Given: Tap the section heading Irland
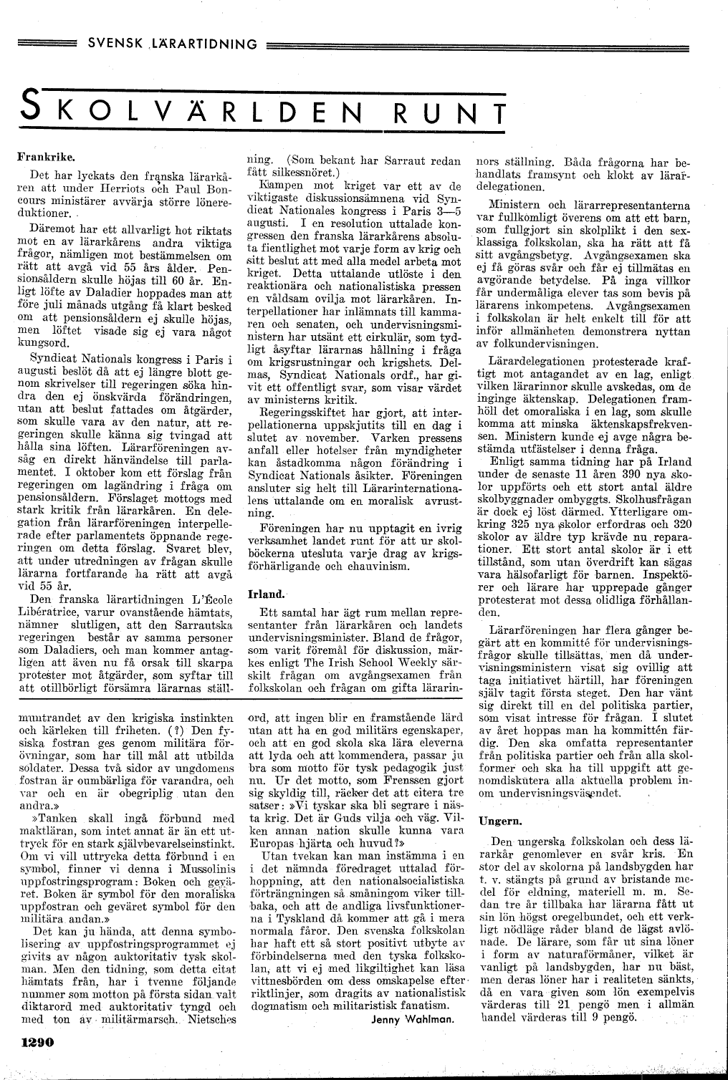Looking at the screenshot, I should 265,594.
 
